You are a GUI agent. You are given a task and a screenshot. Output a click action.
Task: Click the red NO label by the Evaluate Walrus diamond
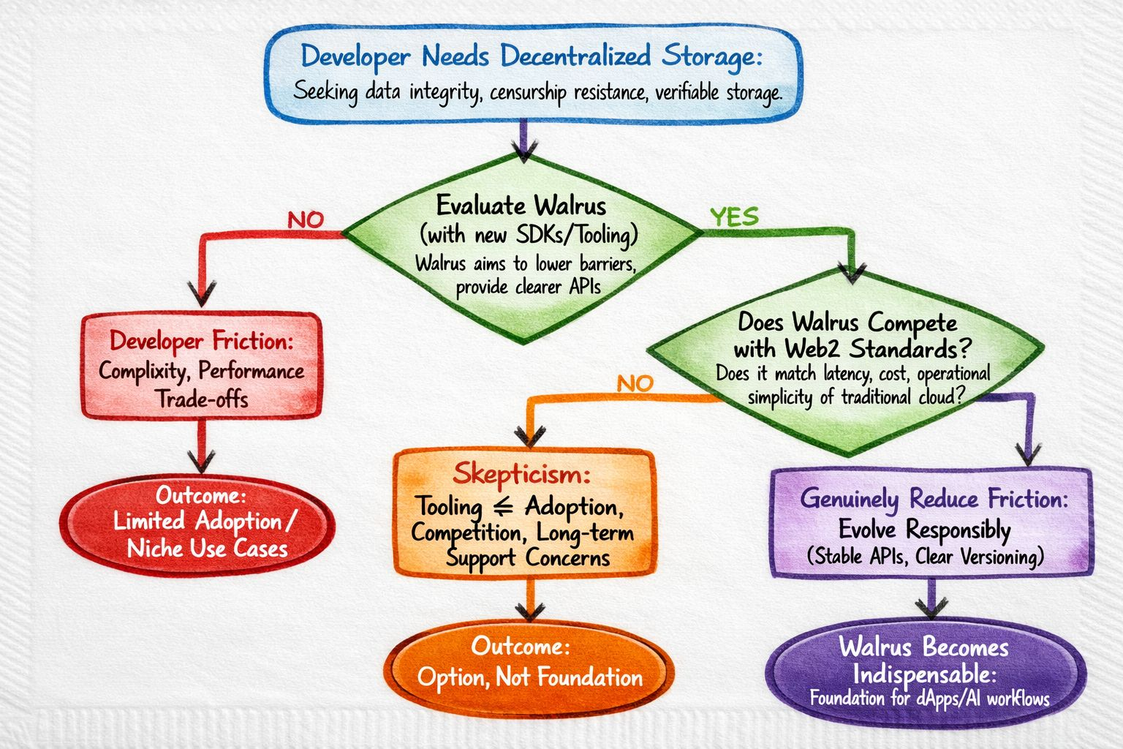305,219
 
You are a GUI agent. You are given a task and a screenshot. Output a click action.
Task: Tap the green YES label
734,217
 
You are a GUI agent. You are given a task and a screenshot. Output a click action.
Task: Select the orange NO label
635,383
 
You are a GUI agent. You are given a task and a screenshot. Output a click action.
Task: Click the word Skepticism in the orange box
521,474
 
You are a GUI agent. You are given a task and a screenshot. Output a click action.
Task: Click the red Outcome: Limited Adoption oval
197,523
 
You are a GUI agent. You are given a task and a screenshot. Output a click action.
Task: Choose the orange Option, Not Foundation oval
529,664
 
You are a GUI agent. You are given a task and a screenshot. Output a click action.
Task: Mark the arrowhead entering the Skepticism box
528,437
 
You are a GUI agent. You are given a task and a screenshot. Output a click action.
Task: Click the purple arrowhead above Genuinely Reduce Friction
1028,455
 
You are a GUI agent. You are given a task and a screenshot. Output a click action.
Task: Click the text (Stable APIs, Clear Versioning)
925,557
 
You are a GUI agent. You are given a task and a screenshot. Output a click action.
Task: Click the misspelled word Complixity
143,371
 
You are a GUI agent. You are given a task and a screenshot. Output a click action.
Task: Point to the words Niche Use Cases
207,549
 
